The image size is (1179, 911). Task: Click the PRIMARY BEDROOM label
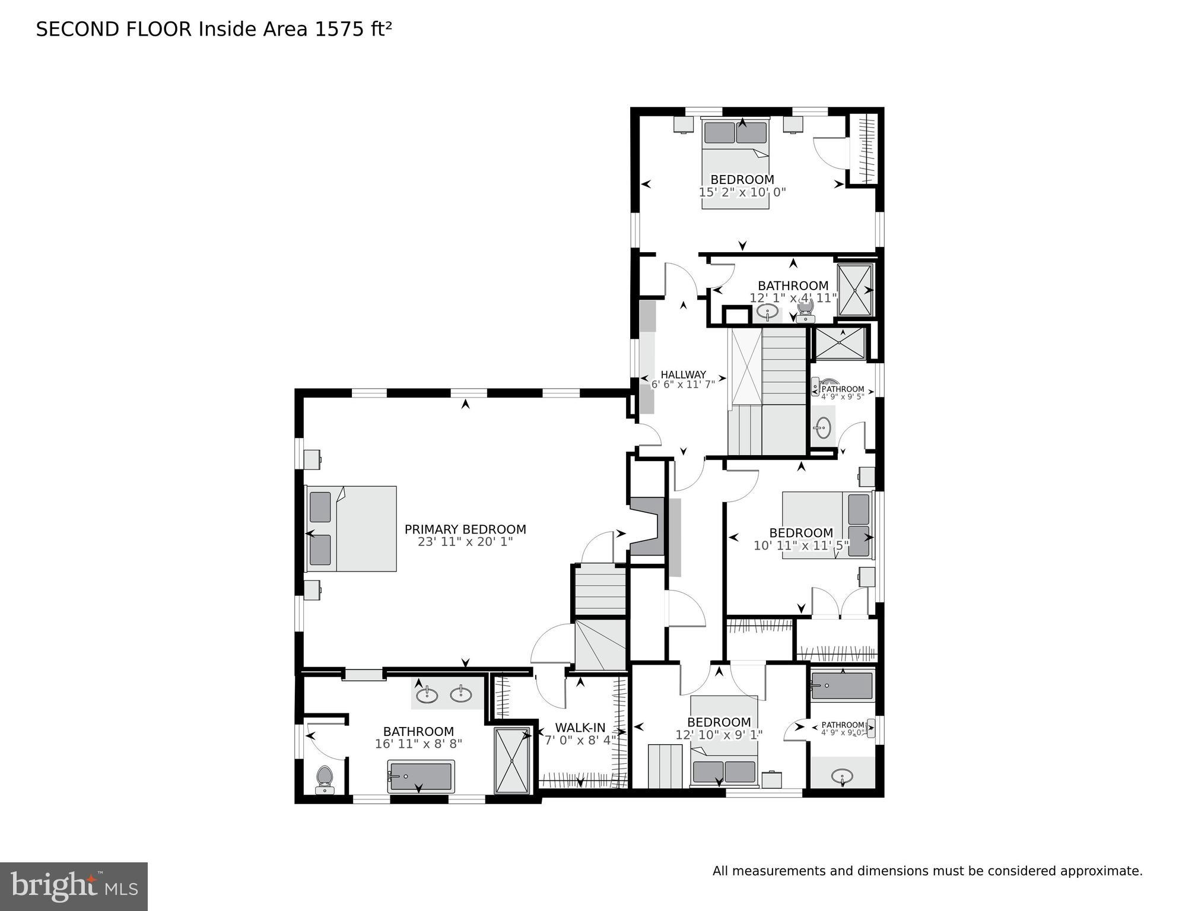[x=465, y=529]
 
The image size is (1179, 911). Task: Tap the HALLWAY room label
[x=683, y=374]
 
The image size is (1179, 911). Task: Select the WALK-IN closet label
[x=580, y=728]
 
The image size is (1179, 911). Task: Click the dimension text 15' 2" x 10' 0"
[x=742, y=192]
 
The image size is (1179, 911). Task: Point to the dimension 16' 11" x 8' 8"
[x=418, y=744]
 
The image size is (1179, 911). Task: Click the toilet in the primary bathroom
[x=325, y=779]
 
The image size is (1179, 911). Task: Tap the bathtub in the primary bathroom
[x=421, y=776]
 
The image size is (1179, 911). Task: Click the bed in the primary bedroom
[x=351, y=529]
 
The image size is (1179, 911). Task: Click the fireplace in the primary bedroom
[x=647, y=526]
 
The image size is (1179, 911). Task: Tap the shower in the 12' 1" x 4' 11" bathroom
[x=854, y=290]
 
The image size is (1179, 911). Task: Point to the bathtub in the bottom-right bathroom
[x=841, y=686]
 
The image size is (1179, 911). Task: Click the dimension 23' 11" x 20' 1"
[x=465, y=542]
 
